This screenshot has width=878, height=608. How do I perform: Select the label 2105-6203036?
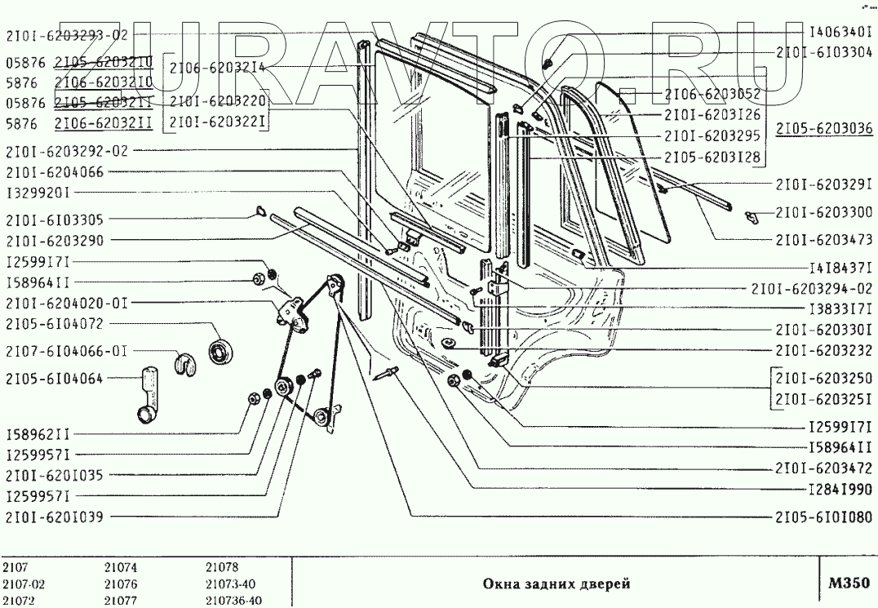click(x=825, y=128)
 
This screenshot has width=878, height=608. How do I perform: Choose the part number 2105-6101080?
click(x=823, y=517)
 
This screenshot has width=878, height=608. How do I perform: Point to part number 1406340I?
click(x=840, y=35)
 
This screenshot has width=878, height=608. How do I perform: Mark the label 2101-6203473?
click(x=823, y=239)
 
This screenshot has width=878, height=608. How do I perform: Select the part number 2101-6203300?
click(x=823, y=213)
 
